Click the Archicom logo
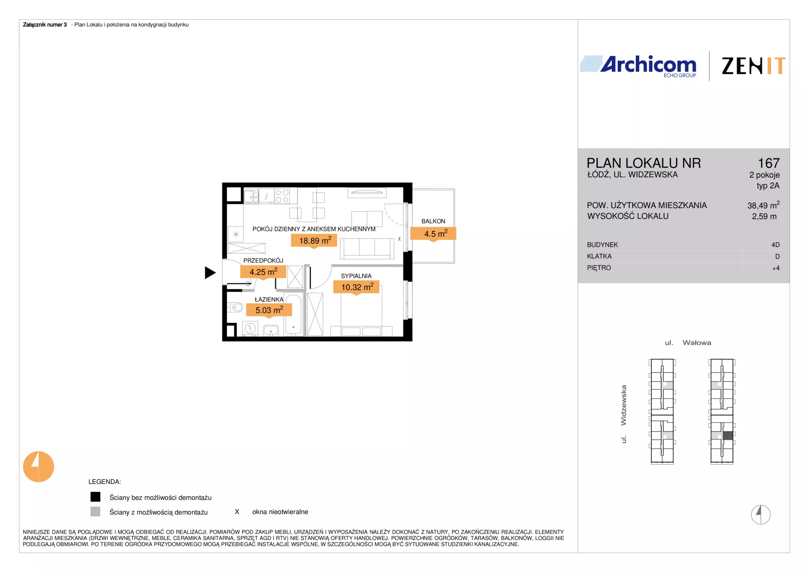(x=638, y=66)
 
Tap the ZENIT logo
(x=753, y=66)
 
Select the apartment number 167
(x=769, y=163)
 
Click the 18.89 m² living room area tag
(x=314, y=241)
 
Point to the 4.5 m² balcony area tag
(x=434, y=234)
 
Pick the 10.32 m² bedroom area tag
(x=356, y=287)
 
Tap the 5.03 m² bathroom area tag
(x=269, y=310)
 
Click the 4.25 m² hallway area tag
(x=263, y=272)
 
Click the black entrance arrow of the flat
(x=210, y=273)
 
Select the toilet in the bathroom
(x=236, y=307)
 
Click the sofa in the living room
(x=367, y=248)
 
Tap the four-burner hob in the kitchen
(x=282, y=196)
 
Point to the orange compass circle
(x=38, y=467)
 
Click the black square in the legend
(x=96, y=497)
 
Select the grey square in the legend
(x=96, y=511)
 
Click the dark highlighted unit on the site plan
(x=728, y=436)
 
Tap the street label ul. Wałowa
(x=688, y=343)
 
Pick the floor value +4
(x=776, y=268)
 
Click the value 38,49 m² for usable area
(x=763, y=205)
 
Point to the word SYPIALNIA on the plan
(x=356, y=276)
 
